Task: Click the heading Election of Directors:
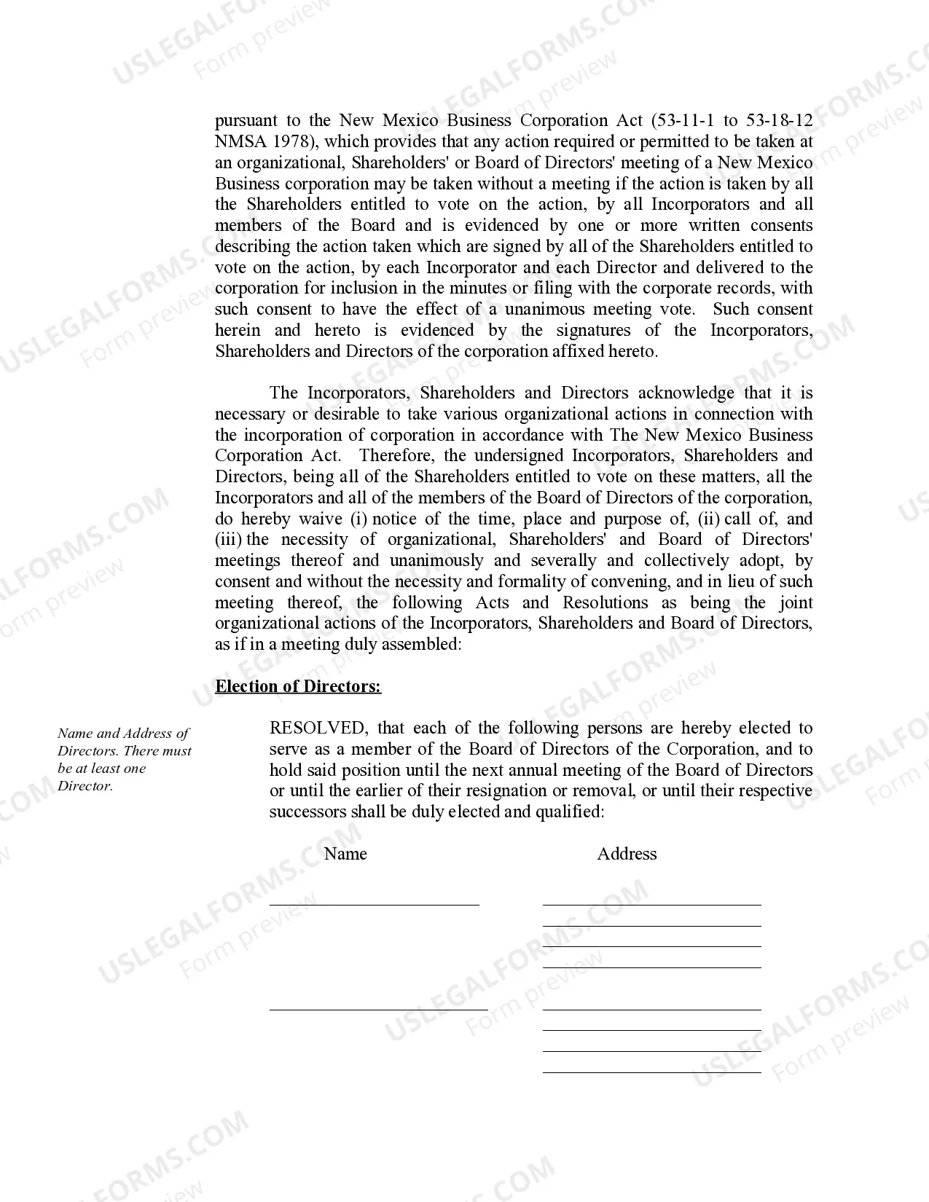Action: click(x=298, y=686)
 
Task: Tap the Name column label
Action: click(x=345, y=854)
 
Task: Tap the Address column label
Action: click(x=627, y=854)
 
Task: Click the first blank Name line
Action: click(x=374, y=903)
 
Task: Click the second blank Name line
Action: click(x=378, y=1008)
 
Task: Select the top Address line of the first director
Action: click(x=651, y=903)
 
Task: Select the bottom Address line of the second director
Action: click(x=651, y=1071)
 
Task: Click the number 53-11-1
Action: click(x=684, y=120)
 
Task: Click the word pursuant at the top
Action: click(x=246, y=120)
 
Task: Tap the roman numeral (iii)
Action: click(x=229, y=540)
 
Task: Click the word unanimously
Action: click(x=436, y=561)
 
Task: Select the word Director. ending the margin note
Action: click(x=85, y=786)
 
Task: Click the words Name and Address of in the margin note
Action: click(x=123, y=734)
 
